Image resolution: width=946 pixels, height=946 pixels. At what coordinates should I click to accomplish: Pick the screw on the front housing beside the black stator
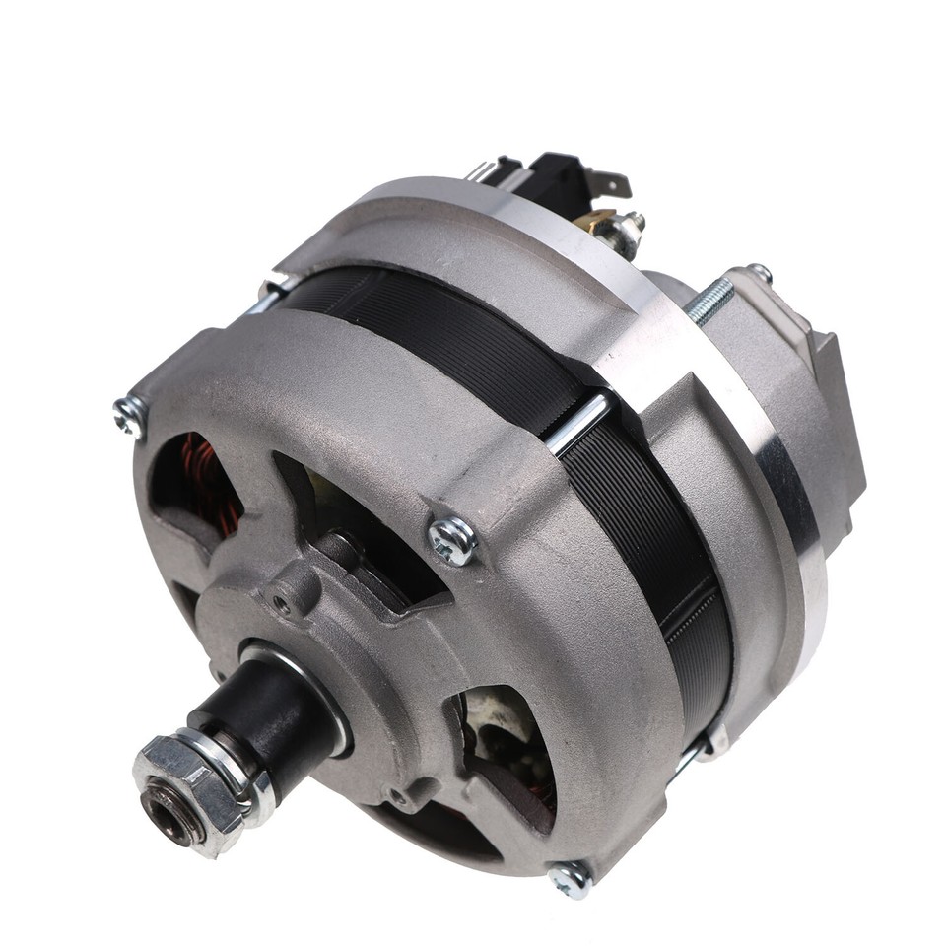pos(452,539)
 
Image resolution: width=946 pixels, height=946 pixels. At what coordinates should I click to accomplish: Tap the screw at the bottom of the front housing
pos(570,878)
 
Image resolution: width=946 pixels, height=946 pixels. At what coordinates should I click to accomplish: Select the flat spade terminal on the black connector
pos(612,182)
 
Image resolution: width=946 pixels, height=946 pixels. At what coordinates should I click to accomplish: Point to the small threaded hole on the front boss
pos(284,603)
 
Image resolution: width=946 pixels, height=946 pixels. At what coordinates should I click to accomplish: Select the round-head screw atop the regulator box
pos(760,273)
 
